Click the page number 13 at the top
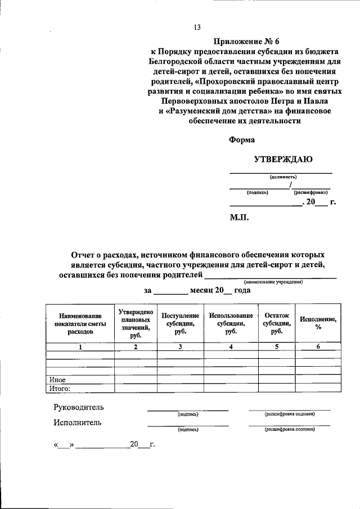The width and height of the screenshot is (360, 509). click(x=197, y=27)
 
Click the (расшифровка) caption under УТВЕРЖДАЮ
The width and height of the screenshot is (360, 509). click(x=310, y=192)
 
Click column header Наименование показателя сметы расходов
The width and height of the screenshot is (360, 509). click(x=80, y=324)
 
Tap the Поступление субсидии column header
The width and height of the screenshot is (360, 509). click(x=180, y=324)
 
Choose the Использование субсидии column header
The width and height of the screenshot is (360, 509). click(x=231, y=324)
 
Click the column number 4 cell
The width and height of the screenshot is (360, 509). click(x=231, y=346)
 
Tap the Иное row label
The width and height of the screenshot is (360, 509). click(x=59, y=379)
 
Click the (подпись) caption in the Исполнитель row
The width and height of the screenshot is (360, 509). click(x=187, y=429)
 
